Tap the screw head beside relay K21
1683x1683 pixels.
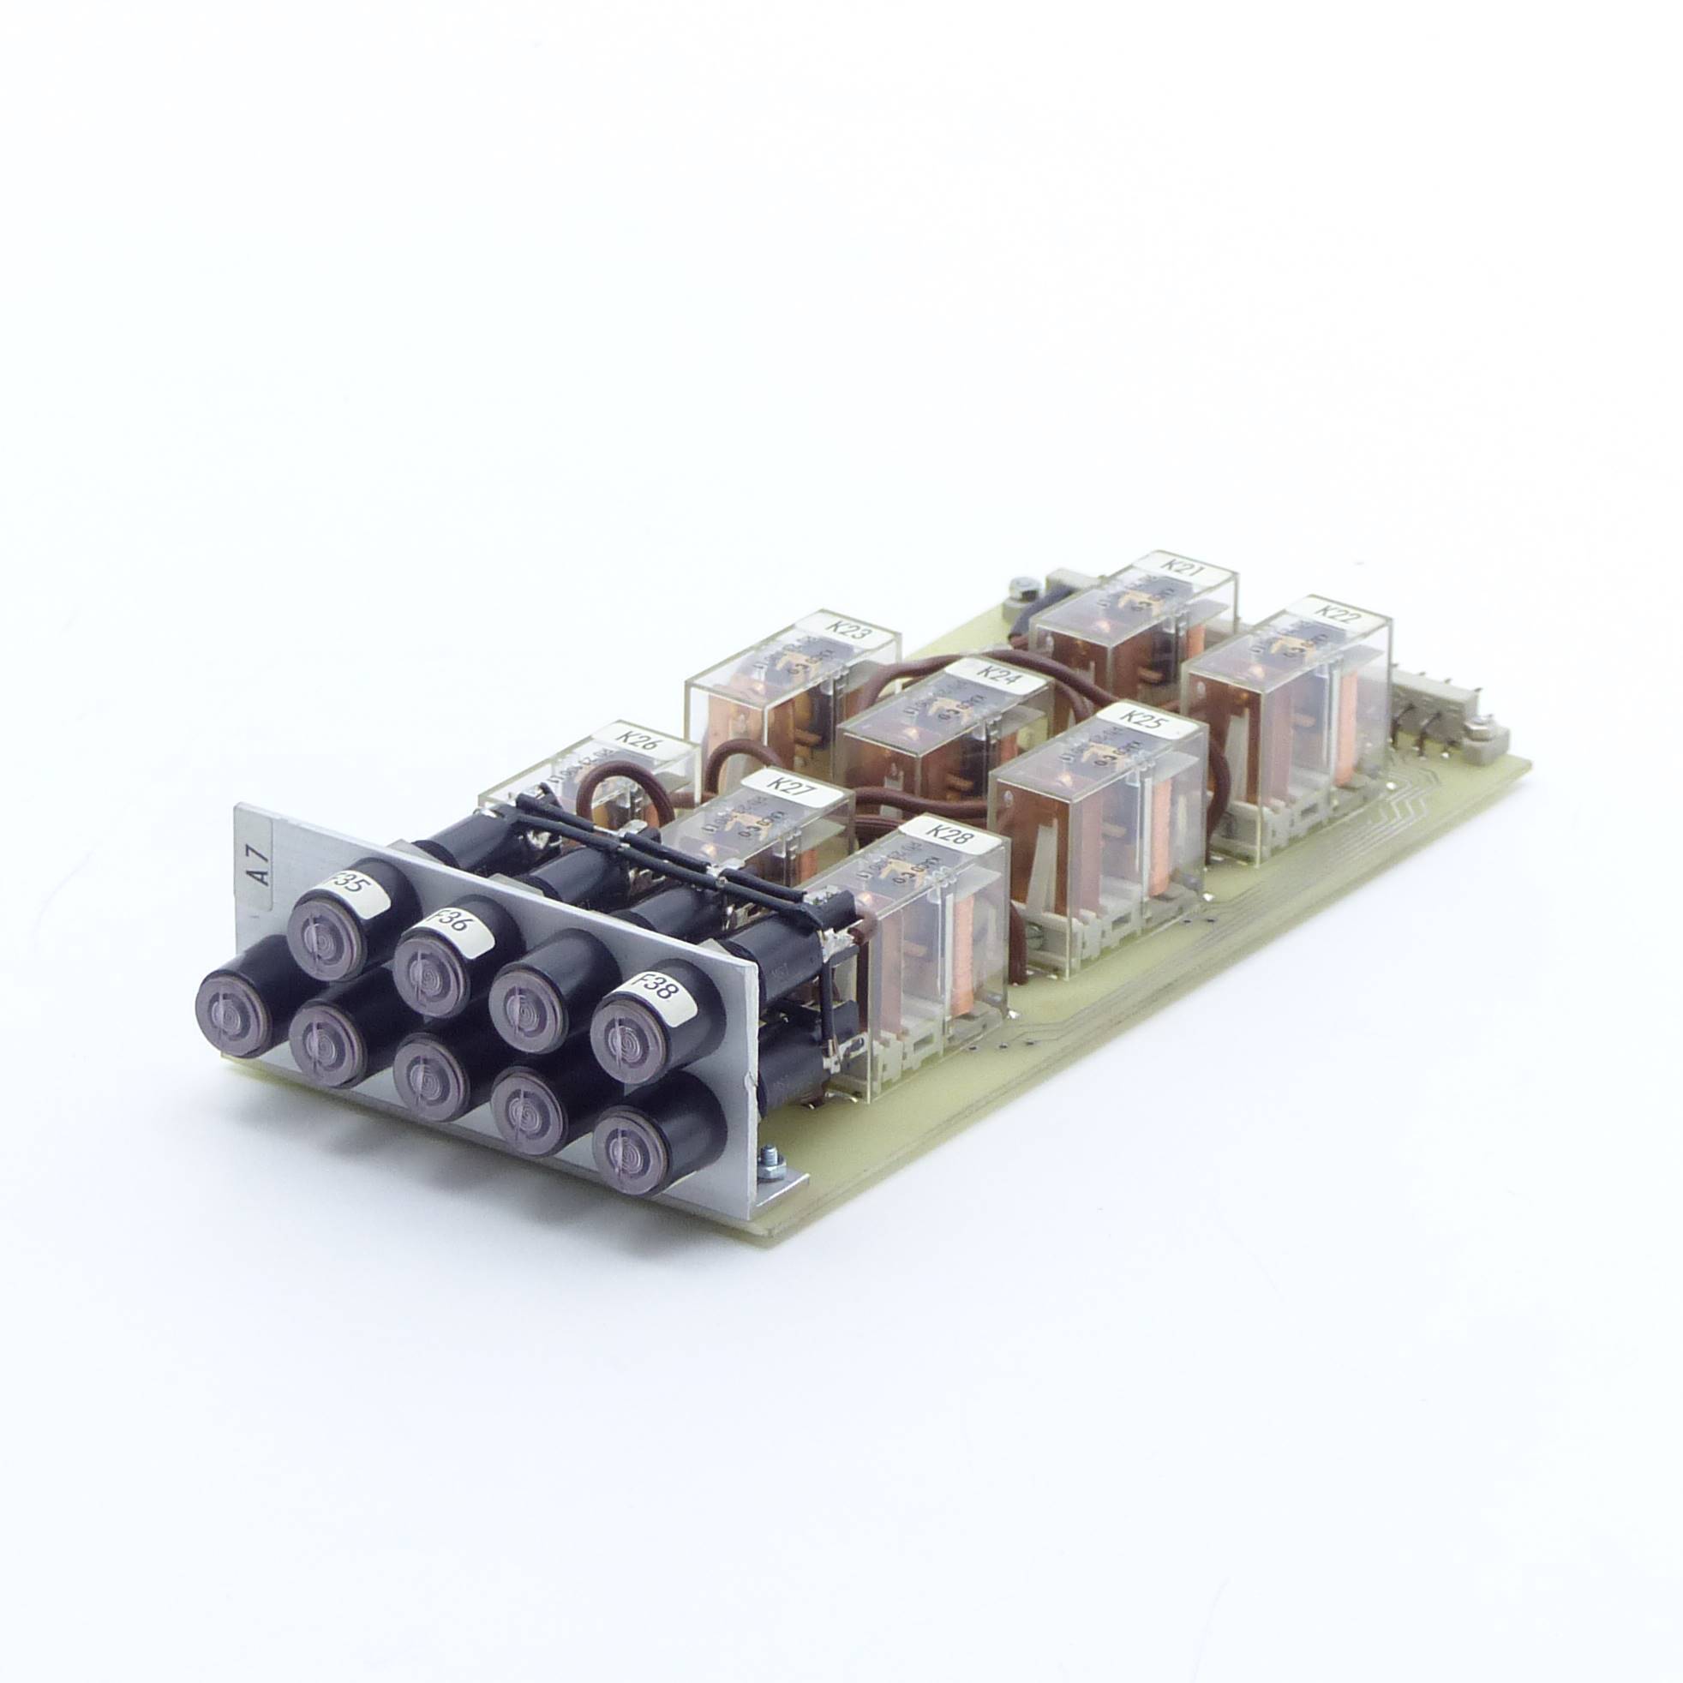tap(1021, 585)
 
